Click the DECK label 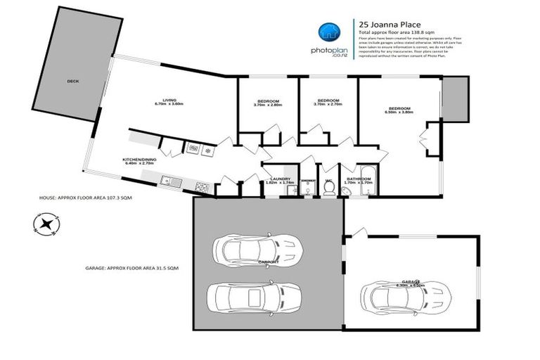click(x=72, y=82)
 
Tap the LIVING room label click(x=169, y=100)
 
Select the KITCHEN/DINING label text click(x=140, y=160)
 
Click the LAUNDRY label click(x=281, y=179)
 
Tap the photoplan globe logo click(x=328, y=32)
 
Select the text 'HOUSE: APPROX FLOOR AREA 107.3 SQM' click(x=85, y=199)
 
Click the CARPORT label click(x=268, y=262)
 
